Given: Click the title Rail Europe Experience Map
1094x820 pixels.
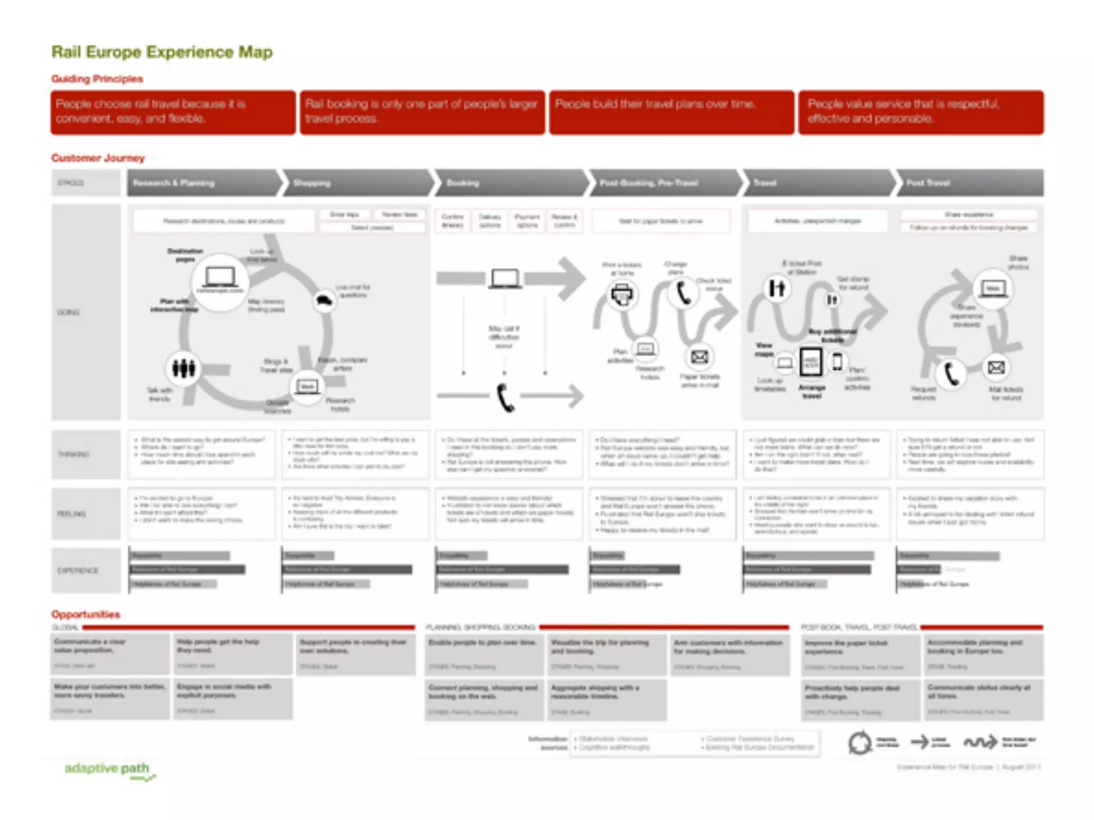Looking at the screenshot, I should pyautogui.click(x=162, y=52).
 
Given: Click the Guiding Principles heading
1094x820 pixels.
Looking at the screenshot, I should pyautogui.click(x=97, y=79).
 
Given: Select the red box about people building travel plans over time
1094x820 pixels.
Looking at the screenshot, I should pyautogui.click(x=671, y=112).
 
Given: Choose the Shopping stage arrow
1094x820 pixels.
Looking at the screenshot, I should pyautogui.click(x=357, y=183).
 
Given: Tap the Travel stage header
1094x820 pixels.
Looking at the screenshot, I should pyautogui.click(x=817, y=183).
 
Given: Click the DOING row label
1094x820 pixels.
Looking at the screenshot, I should pyautogui.click(x=69, y=312).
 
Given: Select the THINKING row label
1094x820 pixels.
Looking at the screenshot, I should pyautogui.click(x=74, y=454).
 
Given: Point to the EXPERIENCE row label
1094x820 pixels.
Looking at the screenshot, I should pyautogui.click(x=78, y=570).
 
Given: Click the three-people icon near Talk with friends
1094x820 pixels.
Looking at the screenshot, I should pyautogui.click(x=183, y=368).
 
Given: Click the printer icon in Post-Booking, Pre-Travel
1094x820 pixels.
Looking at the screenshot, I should pyautogui.click(x=622, y=294).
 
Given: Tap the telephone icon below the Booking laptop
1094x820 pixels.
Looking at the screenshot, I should pyautogui.click(x=505, y=398).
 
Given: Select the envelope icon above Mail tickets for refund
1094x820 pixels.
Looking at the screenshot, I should pyautogui.click(x=996, y=368).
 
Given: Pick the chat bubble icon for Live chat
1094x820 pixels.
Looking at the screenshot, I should pyautogui.click(x=324, y=300).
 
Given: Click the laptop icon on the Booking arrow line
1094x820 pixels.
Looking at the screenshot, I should pyautogui.click(x=505, y=278).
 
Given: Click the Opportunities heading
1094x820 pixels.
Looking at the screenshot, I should pyautogui.click(x=85, y=614).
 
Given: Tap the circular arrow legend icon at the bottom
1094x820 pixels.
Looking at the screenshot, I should pyautogui.click(x=859, y=743).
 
